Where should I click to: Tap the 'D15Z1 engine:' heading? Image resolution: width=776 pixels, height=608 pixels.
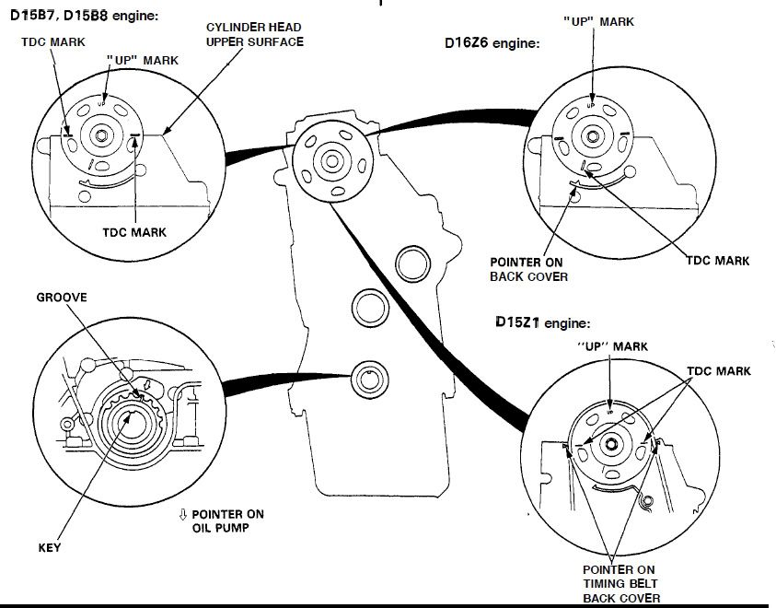541,323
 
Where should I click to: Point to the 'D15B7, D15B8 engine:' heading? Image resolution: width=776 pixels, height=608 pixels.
84,16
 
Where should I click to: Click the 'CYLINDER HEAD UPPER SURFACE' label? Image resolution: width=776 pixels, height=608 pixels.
255,35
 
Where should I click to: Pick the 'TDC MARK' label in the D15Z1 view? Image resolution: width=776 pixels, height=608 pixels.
719,371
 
